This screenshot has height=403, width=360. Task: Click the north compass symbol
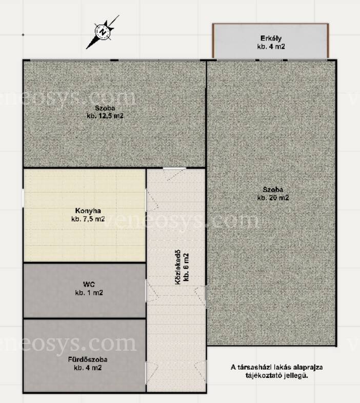tap(103, 32)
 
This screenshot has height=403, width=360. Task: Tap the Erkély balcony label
tap(271, 38)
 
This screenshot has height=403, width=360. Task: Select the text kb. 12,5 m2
tap(105, 116)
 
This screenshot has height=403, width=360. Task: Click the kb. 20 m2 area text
tap(273, 197)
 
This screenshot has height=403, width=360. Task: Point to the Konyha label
tap(88, 211)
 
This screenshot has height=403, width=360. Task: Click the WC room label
tap(89, 284)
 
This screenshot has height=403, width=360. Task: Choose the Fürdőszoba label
tap(88, 359)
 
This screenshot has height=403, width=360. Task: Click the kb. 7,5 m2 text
tap(88, 219)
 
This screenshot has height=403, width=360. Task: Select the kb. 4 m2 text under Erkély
tap(271, 47)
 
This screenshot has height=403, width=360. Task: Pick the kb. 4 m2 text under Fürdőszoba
tap(88, 368)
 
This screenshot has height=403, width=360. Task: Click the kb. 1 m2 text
tap(89, 292)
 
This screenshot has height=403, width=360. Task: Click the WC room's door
tap(152, 291)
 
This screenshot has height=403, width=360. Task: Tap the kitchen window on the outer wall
tap(23, 198)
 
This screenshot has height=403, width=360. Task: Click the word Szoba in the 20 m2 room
tap(273, 190)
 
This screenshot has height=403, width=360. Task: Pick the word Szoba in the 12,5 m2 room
tap(105, 108)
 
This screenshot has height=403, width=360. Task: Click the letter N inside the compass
tap(103, 32)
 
